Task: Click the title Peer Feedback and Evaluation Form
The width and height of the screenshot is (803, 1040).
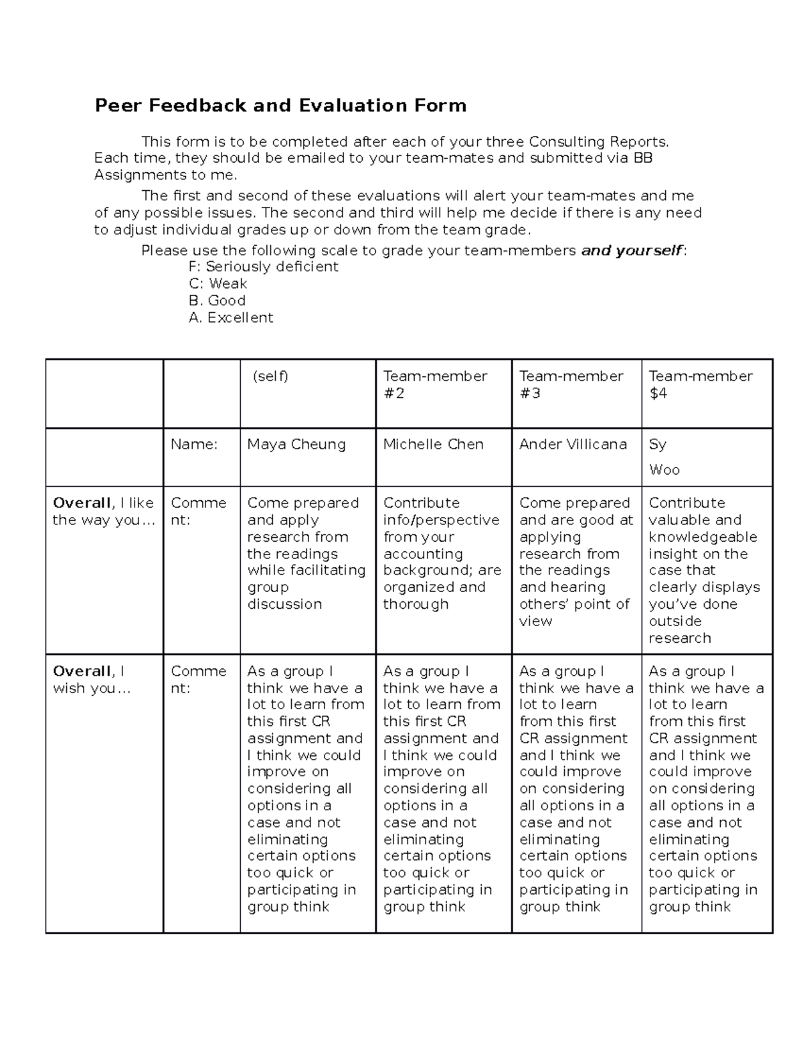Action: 280,106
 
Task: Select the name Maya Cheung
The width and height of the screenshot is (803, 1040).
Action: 296,445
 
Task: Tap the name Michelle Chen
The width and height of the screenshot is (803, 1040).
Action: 433,445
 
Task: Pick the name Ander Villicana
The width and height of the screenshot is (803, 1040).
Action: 573,445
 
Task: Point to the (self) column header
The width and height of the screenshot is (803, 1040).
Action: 270,376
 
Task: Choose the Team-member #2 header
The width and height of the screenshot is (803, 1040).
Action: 435,384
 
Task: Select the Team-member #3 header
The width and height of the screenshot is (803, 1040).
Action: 571,384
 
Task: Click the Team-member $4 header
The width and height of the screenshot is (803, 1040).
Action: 701,384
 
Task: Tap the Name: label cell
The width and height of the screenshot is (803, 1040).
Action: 194,445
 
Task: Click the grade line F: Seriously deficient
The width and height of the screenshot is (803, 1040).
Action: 264,267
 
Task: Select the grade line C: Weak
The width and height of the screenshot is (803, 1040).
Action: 218,283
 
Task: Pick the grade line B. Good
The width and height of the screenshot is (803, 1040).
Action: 217,301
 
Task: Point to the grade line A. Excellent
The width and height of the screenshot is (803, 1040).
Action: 231,317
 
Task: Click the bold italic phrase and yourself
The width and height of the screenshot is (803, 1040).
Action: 632,250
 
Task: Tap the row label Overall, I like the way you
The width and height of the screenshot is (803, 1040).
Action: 103,512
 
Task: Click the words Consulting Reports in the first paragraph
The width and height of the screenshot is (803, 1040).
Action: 598,142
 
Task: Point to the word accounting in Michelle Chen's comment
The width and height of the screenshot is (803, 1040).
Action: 423,554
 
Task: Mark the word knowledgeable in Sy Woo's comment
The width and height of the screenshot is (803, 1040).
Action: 703,537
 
